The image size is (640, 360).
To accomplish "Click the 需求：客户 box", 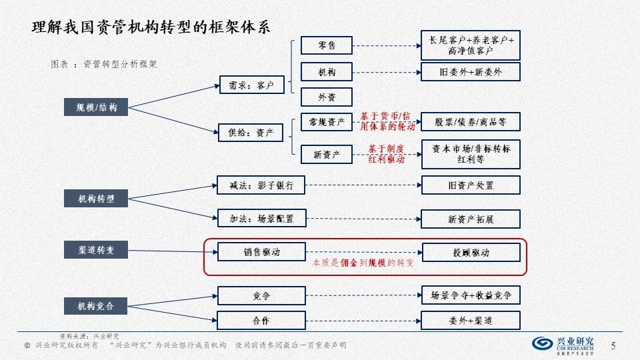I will point(251,85).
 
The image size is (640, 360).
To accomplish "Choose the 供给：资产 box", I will point(251,132).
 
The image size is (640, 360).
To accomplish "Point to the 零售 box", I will point(327,45).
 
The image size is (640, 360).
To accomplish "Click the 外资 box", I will point(327,97).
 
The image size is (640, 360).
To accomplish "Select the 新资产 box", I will point(327,154).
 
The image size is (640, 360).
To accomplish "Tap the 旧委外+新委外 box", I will point(471,71).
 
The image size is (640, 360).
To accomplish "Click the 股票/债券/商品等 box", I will point(471,122).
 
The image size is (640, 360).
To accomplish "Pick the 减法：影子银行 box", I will point(261,185).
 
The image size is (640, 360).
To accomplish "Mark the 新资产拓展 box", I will point(471,219).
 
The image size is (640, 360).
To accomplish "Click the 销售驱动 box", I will point(261,253).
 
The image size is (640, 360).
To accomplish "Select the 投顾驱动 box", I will point(471,253).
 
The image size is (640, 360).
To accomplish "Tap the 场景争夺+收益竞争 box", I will point(471,295).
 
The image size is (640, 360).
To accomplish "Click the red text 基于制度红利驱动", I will point(387,154).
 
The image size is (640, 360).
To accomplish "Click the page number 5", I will point(613,344).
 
